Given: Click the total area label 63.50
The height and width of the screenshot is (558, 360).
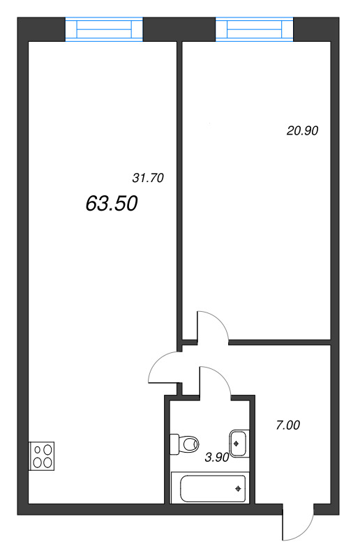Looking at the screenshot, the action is (112, 204).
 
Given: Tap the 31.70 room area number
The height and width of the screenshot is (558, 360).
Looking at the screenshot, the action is (148, 178).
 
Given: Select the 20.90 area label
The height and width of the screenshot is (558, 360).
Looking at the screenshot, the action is (302, 130).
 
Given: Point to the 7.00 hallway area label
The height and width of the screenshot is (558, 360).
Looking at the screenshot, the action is (287, 425).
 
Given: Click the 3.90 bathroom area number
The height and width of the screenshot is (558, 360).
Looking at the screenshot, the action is (217, 458).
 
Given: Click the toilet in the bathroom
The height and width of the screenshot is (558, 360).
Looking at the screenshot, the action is (184, 444).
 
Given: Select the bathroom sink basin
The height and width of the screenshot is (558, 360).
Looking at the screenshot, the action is (239, 444).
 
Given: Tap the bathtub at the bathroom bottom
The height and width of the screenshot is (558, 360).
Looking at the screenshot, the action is (210, 488).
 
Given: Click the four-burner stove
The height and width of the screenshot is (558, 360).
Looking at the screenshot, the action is (42, 456).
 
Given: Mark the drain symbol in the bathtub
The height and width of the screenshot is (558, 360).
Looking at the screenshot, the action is (238, 489).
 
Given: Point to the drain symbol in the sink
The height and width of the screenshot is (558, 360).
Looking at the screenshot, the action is (236, 444).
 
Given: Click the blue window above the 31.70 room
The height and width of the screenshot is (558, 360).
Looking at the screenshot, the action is (104, 29).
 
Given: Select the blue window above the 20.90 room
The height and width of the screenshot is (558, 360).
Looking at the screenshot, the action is (254, 29).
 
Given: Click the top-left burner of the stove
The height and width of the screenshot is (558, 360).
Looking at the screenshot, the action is (38, 450).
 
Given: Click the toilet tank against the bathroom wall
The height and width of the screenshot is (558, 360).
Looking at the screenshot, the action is (174, 444).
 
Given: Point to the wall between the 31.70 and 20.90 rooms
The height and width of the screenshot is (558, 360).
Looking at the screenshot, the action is (179, 193).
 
